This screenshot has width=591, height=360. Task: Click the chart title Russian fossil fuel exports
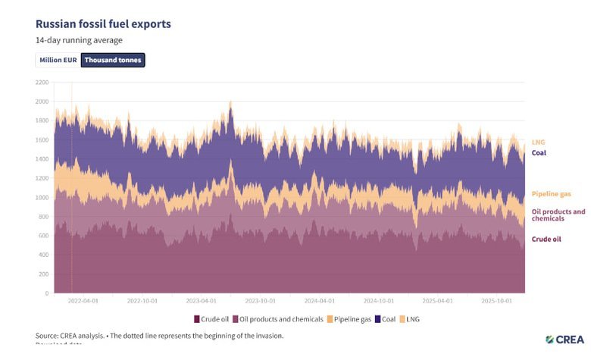tap(103, 23)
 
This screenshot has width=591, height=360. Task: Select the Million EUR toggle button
tap(58, 60)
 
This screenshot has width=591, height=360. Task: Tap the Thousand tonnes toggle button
tap(113, 60)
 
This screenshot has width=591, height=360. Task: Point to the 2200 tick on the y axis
tap(42, 82)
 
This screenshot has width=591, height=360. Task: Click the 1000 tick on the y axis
tap(42, 197)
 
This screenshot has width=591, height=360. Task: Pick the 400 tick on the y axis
tap(43, 255)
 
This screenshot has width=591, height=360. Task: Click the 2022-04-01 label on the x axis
tap(83, 300)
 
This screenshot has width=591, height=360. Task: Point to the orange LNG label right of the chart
tap(538, 142)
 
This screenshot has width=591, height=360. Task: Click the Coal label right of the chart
tap(539, 152)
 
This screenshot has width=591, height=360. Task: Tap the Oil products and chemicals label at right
tap(558, 214)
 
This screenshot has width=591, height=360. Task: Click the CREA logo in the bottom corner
tap(564, 339)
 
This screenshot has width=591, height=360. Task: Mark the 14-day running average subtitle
tap(79, 40)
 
